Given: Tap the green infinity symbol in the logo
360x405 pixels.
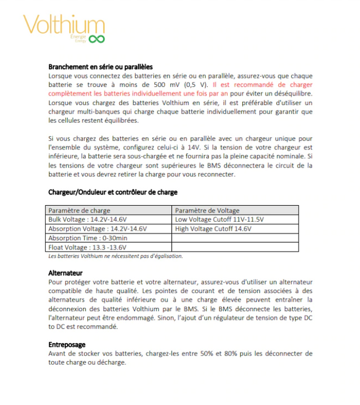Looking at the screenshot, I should pyautogui.click(x=97, y=39).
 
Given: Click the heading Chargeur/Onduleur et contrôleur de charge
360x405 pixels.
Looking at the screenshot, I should pyautogui.click(x=112, y=192).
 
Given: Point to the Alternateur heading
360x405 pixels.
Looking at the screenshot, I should pyautogui.click(x=65, y=272).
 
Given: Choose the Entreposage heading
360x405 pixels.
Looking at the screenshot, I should pyautogui.click(x=67, y=345).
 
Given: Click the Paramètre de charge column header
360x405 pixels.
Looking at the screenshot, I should pyautogui.click(x=79, y=210).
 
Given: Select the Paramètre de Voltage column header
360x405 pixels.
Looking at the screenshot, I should pyautogui.click(x=207, y=210).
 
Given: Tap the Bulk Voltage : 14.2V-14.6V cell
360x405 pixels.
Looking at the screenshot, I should pyautogui.click(x=87, y=219).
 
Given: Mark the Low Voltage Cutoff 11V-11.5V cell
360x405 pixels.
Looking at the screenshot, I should pyautogui.click(x=219, y=219).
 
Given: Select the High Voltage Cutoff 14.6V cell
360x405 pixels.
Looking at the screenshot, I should pyautogui.click(x=213, y=229).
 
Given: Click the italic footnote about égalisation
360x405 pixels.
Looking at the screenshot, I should pyautogui.click(x=116, y=255).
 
